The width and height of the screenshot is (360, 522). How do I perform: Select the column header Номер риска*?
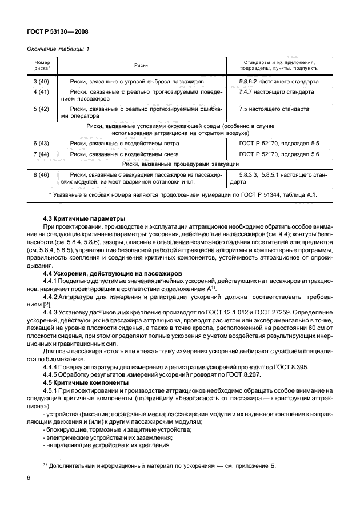[42, 66]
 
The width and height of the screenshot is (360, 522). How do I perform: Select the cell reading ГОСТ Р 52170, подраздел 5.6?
[279, 154]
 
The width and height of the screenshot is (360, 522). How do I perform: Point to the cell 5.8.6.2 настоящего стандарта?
[279, 82]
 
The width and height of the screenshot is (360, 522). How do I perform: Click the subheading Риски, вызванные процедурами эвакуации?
[179, 164]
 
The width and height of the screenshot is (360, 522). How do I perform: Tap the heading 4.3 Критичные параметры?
[85, 220]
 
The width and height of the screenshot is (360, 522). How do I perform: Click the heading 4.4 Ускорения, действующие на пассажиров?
[113, 274]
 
